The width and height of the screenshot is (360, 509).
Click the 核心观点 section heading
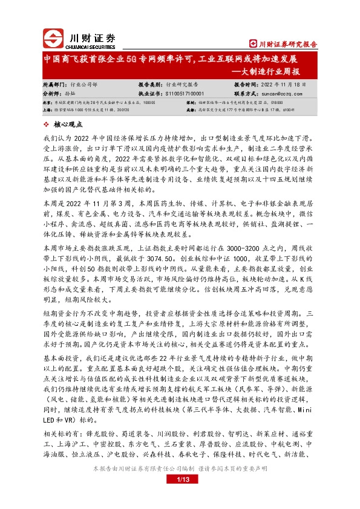click(x=68, y=124)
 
